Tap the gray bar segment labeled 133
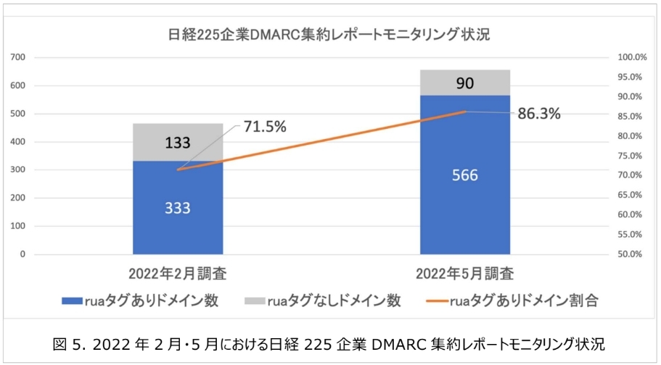pyautogui.click(x=177, y=143)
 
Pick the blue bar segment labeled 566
pyautogui.click(x=464, y=175)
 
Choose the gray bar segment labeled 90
pyautogui.click(x=464, y=83)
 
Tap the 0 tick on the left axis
pyautogui.click(x=23, y=254)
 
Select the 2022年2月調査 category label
pyautogui.click(x=178, y=275)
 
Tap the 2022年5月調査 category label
pyautogui.click(x=464, y=275)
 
